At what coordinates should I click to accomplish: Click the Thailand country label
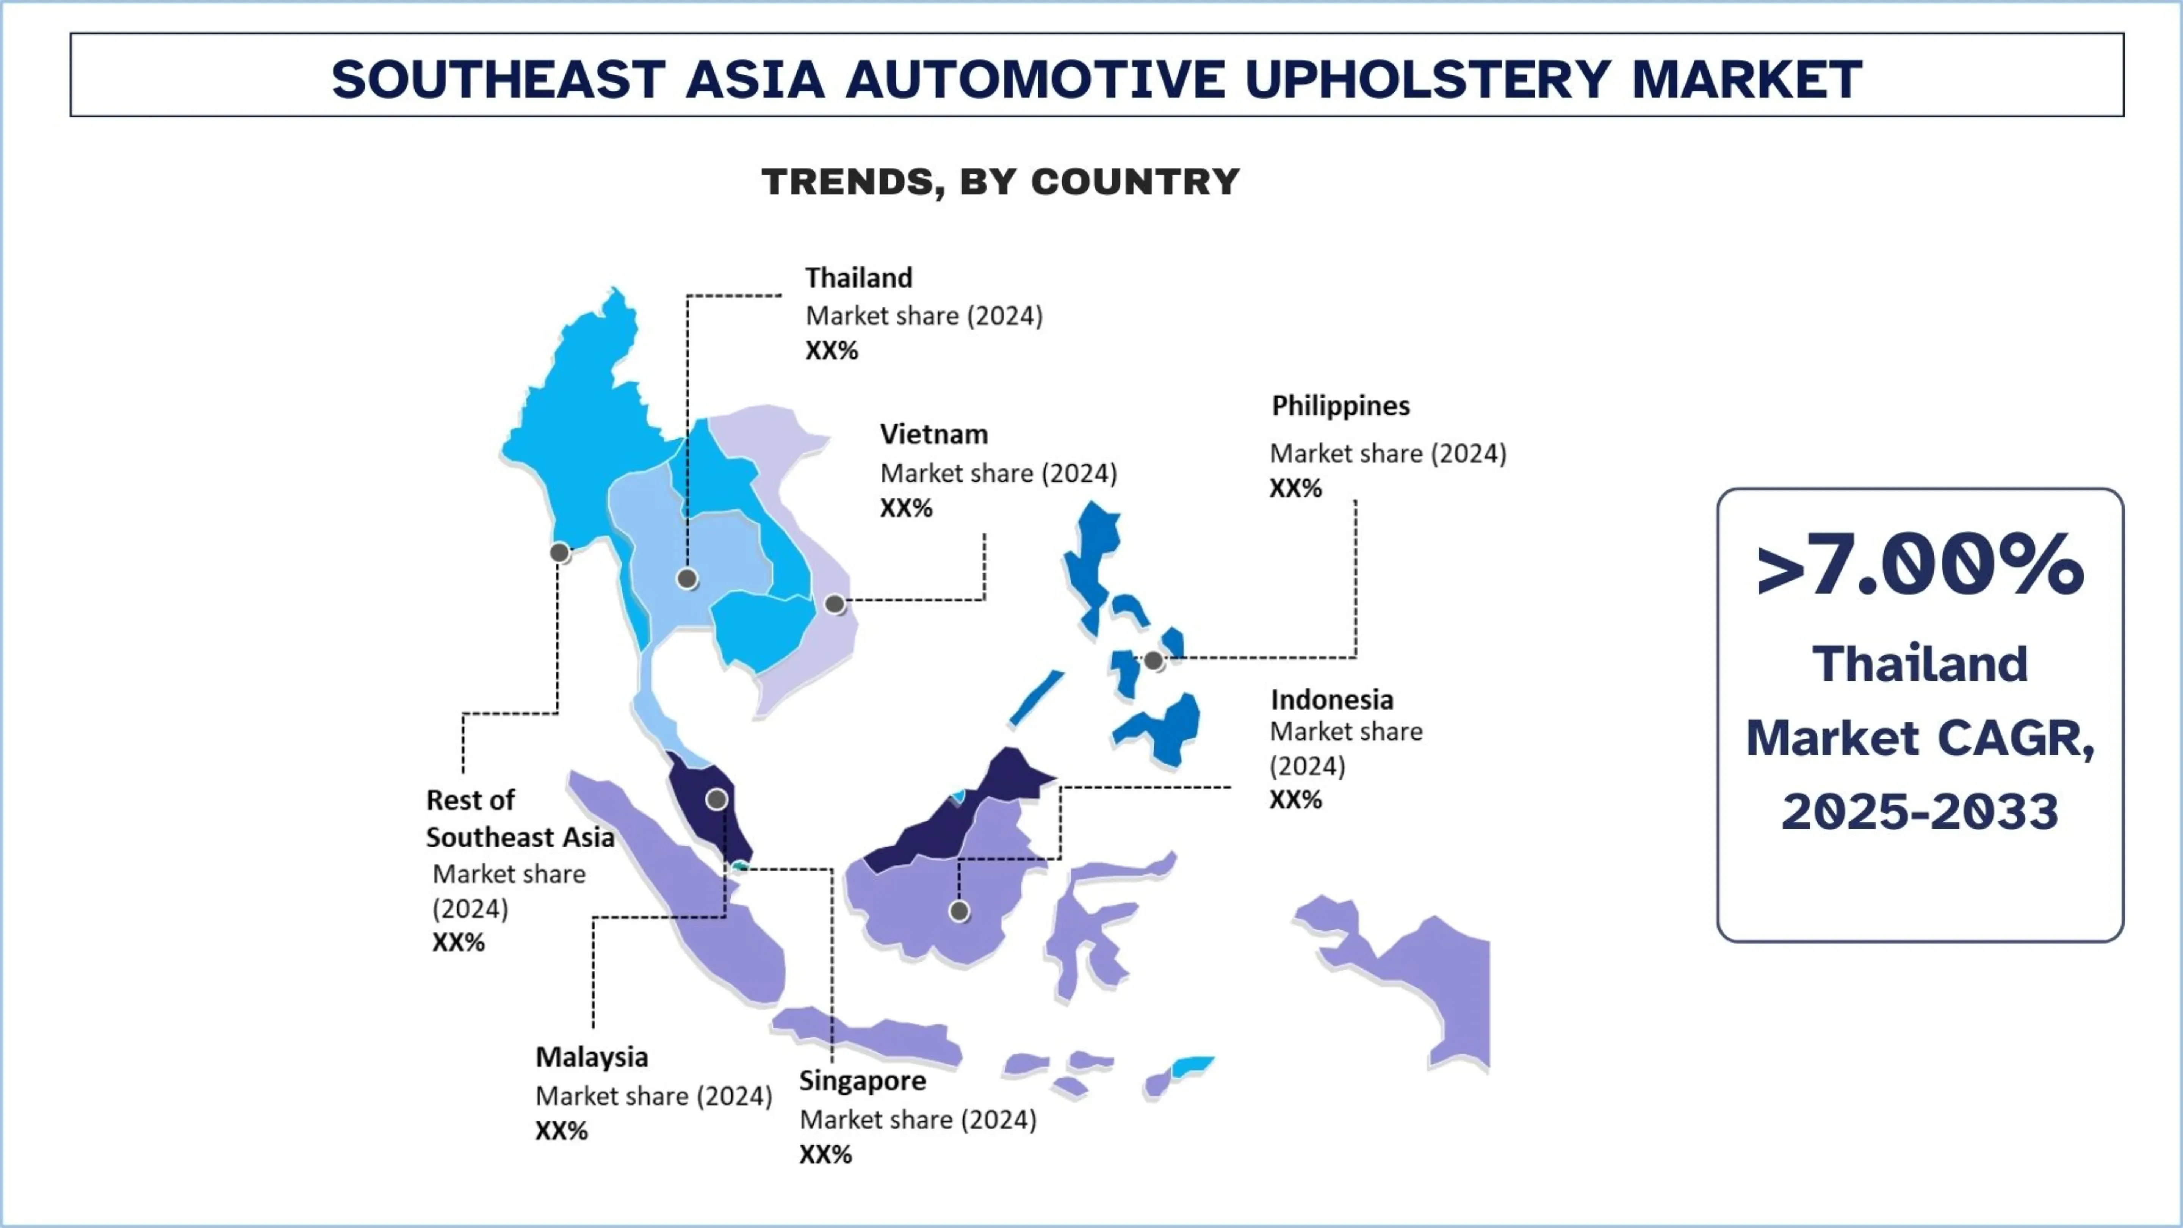[858, 278]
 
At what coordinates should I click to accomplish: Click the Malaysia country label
[592, 1058]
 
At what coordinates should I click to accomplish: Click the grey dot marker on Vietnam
[835, 604]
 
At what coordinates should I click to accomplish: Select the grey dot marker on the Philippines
[1153, 660]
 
